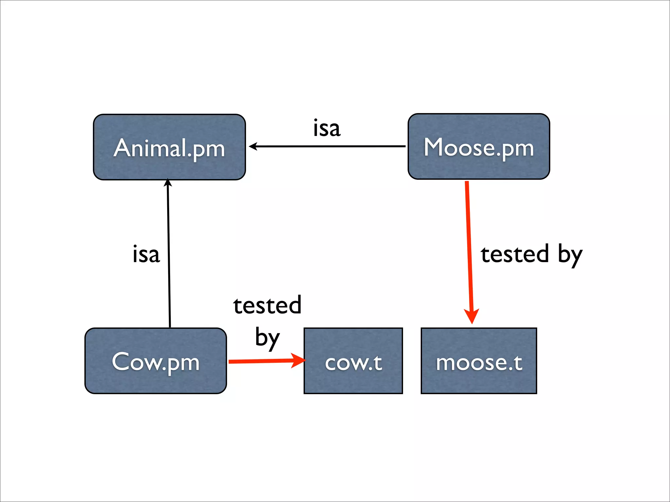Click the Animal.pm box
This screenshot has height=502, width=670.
pos(169,147)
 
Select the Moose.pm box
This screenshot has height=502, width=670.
pos(479,146)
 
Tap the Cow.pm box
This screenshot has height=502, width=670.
pos(155,361)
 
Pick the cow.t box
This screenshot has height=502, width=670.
pos(353,361)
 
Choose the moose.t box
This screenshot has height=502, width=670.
pos(479,361)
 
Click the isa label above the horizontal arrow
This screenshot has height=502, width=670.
pos(326,128)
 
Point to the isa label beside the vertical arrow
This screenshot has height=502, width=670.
pos(146,254)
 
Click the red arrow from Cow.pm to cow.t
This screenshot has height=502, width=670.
pos(262,361)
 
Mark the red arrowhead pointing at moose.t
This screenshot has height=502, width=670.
pos(472,315)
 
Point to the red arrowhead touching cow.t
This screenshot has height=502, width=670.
pos(298,360)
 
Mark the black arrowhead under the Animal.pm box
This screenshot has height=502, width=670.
pos(168,183)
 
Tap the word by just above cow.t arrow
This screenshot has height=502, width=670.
pos(267,337)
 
